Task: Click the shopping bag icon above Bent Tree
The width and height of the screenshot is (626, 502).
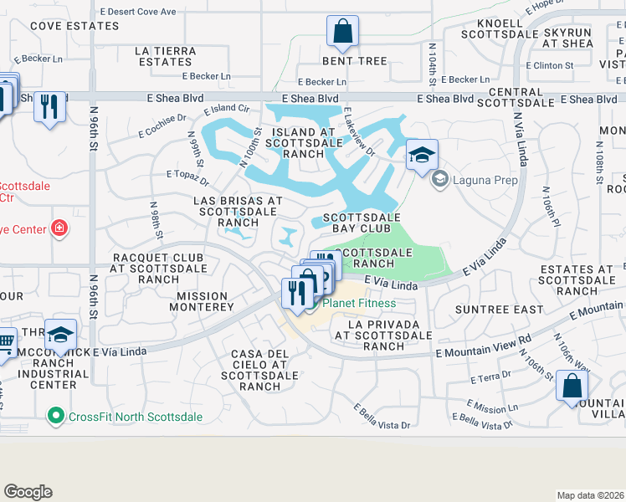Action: click(x=343, y=33)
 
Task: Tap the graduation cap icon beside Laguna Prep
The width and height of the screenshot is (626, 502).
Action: click(x=423, y=155)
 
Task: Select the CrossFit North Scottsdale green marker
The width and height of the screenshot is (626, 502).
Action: click(x=56, y=415)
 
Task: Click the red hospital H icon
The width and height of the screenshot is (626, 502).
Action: click(x=59, y=228)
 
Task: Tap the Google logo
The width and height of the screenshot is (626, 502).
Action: click(x=28, y=492)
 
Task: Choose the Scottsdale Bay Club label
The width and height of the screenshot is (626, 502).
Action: click(x=357, y=222)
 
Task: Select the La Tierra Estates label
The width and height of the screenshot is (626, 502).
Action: click(x=166, y=56)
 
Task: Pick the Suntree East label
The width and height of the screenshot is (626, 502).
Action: click(x=488, y=310)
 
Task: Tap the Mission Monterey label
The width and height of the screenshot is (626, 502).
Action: click(x=203, y=301)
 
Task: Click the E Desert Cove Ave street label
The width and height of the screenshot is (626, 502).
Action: click(x=138, y=12)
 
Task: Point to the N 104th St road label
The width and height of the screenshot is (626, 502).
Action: click(x=433, y=63)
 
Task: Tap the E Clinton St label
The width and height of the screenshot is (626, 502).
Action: click(x=549, y=64)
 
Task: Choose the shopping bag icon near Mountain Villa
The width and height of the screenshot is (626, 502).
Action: click(x=572, y=386)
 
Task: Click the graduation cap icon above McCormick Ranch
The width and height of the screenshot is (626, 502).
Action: click(x=60, y=336)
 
